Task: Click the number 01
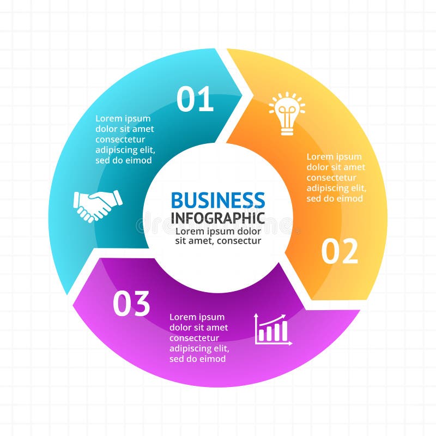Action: tap(195, 100)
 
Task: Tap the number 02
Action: tap(340, 251)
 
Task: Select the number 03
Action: tap(131, 304)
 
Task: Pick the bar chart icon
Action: tap(274, 329)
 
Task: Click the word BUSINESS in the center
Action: tap(218, 200)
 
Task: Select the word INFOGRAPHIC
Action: tap(218, 218)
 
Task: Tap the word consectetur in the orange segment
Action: tap(331, 178)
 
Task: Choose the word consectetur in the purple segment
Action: tap(195, 338)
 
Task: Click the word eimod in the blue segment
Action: tap(140, 160)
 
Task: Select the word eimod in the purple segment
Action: tap(214, 359)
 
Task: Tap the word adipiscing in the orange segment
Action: tap(326, 188)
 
